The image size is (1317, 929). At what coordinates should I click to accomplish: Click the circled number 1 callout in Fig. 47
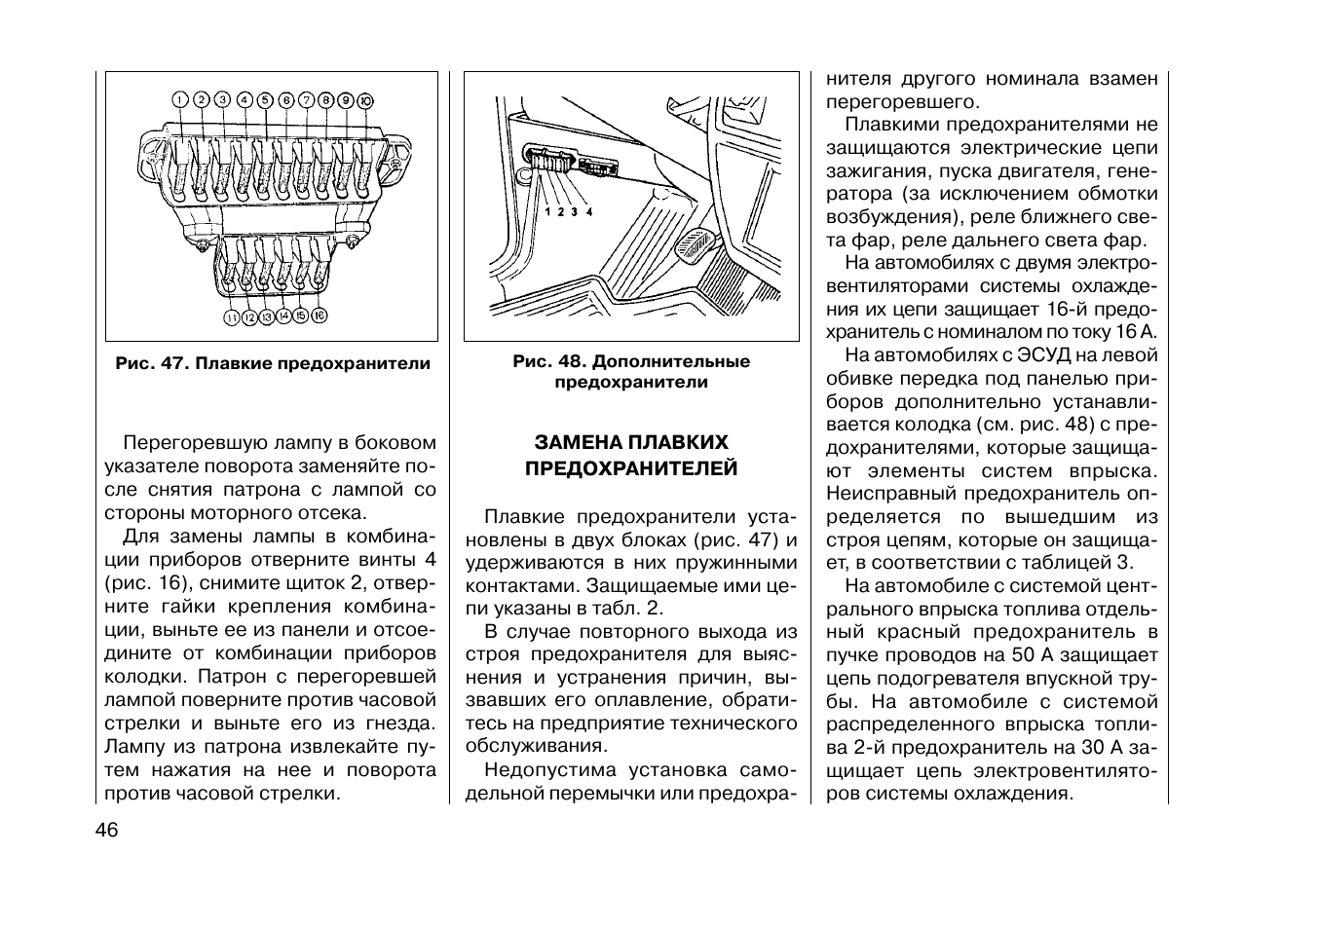tap(179, 99)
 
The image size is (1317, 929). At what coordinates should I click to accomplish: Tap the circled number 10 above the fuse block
tap(365, 100)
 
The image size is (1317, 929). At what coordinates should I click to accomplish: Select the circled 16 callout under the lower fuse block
tap(319, 316)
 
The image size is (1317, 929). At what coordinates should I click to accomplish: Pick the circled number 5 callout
tap(264, 99)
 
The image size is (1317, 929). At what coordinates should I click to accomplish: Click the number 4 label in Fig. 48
tap(588, 211)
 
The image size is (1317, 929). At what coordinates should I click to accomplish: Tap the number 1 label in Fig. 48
tap(547, 211)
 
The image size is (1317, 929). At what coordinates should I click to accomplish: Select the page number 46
tap(106, 831)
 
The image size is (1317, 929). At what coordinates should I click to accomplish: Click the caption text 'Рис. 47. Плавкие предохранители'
tap(272, 363)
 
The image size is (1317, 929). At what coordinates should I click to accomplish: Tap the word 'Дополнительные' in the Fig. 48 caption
tap(671, 361)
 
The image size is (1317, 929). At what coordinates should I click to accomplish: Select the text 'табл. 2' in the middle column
tap(629, 609)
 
